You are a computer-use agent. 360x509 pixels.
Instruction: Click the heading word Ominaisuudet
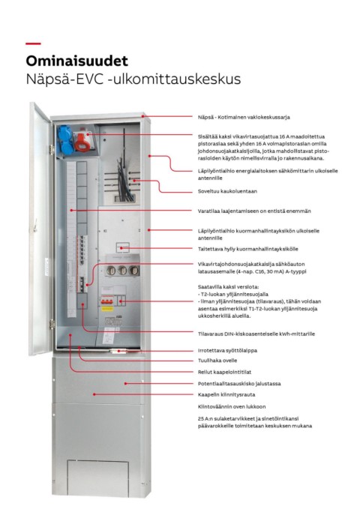pyautogui.click(x=77, y=61)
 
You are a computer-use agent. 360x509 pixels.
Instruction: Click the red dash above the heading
pyautogui.click(x=33, y=43)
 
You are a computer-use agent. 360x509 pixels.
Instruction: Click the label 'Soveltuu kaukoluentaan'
pyautogui.click(x=227, y=191)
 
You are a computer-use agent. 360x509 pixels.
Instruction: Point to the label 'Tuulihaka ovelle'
pyautogui.click(x=217, y=361)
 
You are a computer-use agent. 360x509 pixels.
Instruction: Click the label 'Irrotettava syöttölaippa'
pyautogui.click(x=227, y=351)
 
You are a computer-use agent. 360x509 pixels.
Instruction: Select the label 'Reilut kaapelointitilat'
pyautogui.click(x=224, y=372)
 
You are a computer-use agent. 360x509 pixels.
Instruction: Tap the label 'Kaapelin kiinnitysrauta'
pyautogui.click(x=226, y=395)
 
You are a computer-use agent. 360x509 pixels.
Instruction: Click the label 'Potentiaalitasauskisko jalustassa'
pyautogui.click(x=239, y=384)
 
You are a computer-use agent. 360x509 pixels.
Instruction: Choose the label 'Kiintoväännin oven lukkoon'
pyautogui.click(x=232, y=406)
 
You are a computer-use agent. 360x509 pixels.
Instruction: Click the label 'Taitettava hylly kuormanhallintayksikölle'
pyautogui.click(x=248, y=249)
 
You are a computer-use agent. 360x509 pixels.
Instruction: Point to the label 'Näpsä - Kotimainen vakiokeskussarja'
pyautogui.click(x=244, y=117)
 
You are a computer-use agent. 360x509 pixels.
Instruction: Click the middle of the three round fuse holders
pyautogui.click(x=122, y=270)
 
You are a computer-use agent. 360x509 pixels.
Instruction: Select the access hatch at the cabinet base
pyautogui.click(x=97, y=478)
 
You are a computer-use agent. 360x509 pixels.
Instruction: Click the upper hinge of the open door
pyautogui.click(x=52, y=150)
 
